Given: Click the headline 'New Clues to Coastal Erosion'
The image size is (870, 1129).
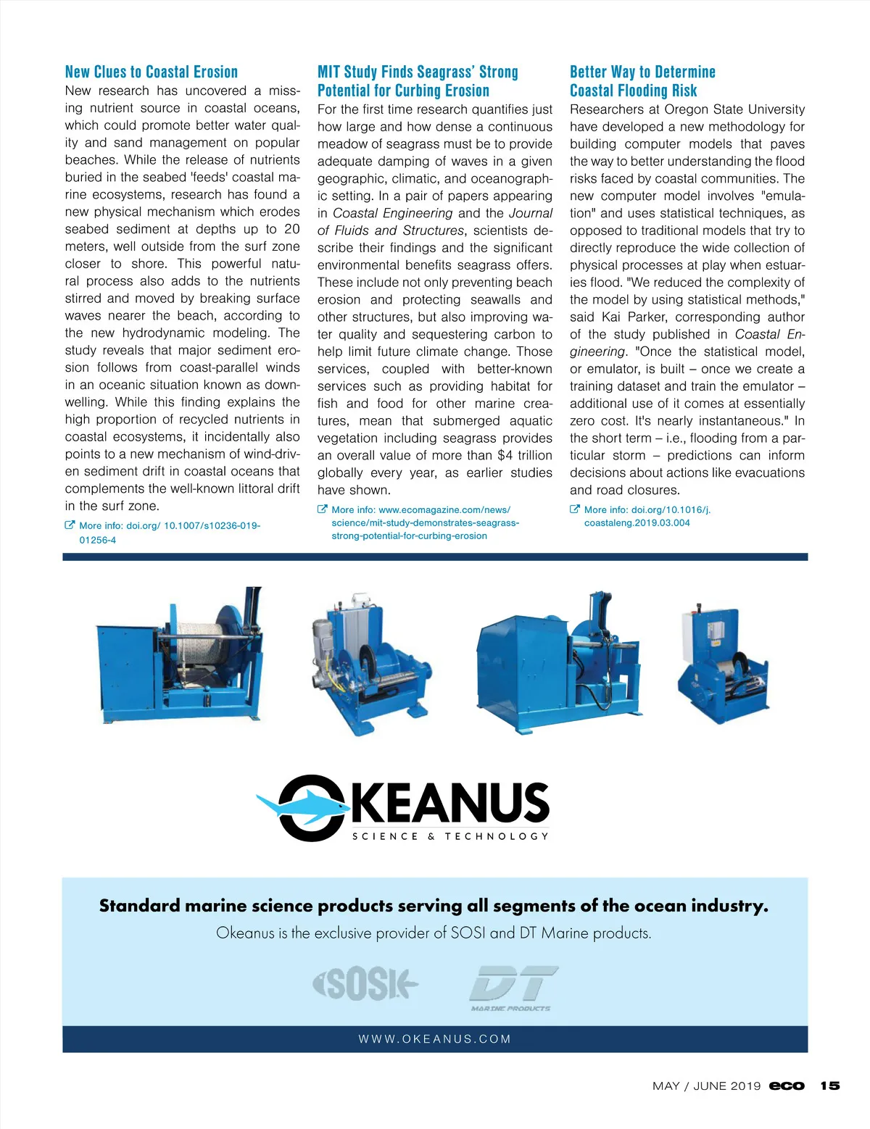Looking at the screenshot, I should [152, 72].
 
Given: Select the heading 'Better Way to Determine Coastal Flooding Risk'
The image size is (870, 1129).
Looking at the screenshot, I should [642, 81].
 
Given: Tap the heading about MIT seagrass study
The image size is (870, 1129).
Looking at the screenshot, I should [418, 81].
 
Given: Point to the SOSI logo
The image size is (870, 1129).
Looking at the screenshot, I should [365, 983].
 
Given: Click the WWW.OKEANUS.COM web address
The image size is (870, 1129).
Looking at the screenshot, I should [435, 1039].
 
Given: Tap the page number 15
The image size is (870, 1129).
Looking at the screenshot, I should [829, 1086].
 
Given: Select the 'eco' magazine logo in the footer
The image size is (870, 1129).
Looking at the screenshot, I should [787, 1086].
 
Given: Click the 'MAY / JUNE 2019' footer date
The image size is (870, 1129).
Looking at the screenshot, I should [706, 1086].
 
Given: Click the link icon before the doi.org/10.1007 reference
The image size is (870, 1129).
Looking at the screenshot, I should [70, 525].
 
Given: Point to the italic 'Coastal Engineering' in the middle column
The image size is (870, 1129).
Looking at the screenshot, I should [392, 213].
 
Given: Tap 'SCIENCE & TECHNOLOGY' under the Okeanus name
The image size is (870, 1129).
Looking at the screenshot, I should [450, 836].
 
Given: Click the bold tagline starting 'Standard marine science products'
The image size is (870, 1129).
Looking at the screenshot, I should [434, 906].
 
